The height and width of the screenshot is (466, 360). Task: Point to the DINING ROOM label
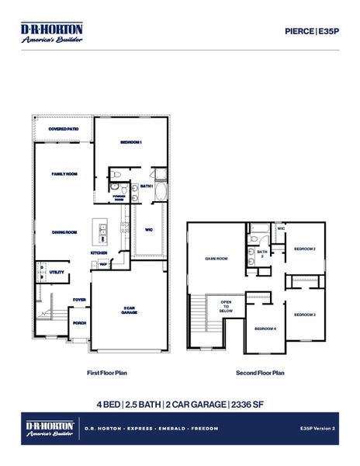pyautogui.click(x=64, y=232)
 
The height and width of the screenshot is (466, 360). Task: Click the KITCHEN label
pyautogui.click(x=99, y=253)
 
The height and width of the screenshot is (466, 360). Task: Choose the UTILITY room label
pyautogui.click(x=57, y=273)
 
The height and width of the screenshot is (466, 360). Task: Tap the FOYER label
pyautogui.click(x=79, y=299)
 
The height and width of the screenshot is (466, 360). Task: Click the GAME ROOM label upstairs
pyautogui.click(x=216, y=259)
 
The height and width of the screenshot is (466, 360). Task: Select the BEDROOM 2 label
pyautogui.click(x=304, y=249)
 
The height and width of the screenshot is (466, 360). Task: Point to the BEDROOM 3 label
pyautogui.click(x=304, y=314)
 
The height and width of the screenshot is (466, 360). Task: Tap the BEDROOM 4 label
pyautogui.click(x=265, y=329)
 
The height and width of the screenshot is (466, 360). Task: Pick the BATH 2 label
pyautogui.click(x=262, y=254)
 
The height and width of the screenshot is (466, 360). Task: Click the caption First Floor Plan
pyautogui.click(x=106, y=373)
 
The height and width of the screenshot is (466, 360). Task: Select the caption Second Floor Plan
pyautogui.click(x=260, y=373)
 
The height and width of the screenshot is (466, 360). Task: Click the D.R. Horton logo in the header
pyautogui.click(x=51, y=32)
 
